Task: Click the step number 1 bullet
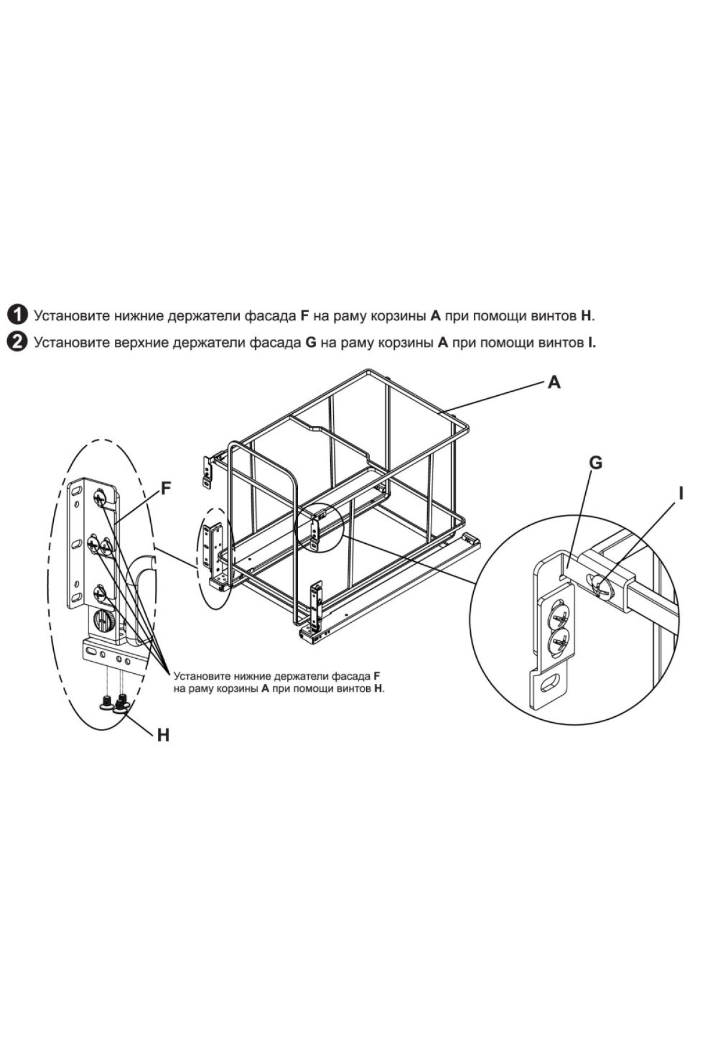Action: (x=18, y=314)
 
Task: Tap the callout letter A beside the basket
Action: (x=554, y=381)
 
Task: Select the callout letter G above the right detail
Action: (x=595, y=463)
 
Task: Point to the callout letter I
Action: (x=680, y=493)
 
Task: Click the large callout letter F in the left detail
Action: (x=166, y=489)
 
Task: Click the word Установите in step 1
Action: (x=71, y=315)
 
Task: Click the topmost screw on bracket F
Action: (x=99, y=496)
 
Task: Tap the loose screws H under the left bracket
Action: (x=114, y=702)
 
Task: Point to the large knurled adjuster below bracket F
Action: (x=105, y=621)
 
